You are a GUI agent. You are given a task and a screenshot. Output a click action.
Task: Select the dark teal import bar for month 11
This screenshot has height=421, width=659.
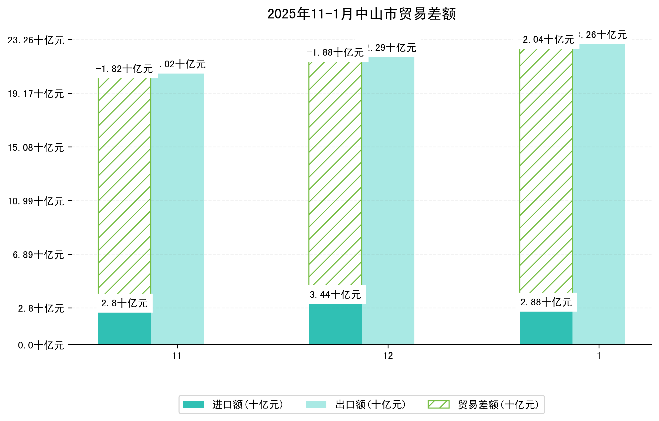[124, 328]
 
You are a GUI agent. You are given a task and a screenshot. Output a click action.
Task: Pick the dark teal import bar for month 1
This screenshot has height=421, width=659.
[546, 328]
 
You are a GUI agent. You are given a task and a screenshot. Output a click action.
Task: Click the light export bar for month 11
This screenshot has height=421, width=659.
[177, 208]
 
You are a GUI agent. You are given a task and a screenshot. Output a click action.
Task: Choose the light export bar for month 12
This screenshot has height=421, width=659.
[388, 200]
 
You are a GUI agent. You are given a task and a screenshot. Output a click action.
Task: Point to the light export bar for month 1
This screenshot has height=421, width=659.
[599, 194]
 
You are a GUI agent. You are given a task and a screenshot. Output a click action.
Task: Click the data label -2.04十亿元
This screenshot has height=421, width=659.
[546, 40]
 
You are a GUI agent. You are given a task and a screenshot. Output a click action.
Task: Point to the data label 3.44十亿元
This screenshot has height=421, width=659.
[335, 295]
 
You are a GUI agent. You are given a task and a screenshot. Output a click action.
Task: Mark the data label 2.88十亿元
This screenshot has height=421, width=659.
[546, 302]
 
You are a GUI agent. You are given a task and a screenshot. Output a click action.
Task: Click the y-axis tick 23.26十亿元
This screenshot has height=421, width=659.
[36, 40]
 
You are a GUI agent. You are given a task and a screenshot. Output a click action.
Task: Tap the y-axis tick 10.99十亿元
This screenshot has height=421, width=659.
[36, 201]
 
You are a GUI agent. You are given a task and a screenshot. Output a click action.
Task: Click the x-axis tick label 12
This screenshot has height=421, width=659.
[388, 356]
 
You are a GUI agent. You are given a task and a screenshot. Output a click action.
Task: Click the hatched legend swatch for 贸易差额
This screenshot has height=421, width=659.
[438, 404]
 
